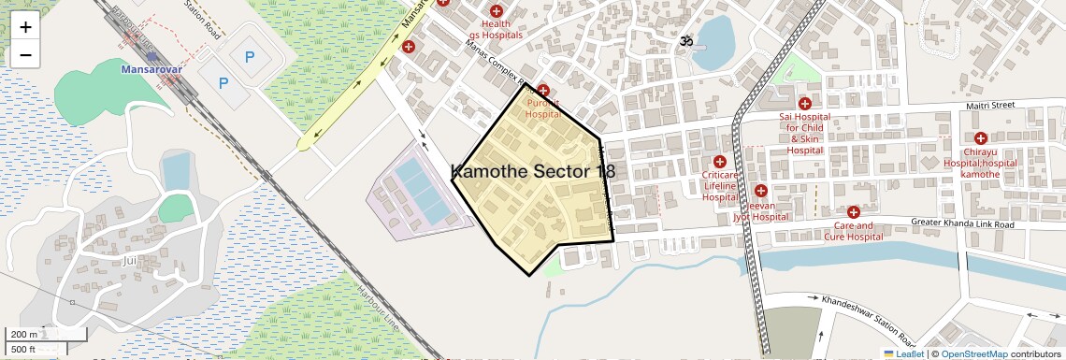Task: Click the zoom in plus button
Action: (x=25, y=26)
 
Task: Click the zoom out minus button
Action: (x=25, y=54)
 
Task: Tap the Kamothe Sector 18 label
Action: (x=533, y=171)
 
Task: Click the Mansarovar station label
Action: (x=152, y=68)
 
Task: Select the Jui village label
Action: (x=129, y=260)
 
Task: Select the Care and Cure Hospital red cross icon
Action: (x=853, y=212)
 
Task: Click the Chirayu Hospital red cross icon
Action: (x=980, y=138)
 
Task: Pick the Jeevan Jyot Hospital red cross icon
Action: (x=760, y=191)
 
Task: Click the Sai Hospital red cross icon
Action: (x=804, y=103)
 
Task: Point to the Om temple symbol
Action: (x=685, y=42)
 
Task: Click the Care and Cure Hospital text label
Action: (x=853, y=231)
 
